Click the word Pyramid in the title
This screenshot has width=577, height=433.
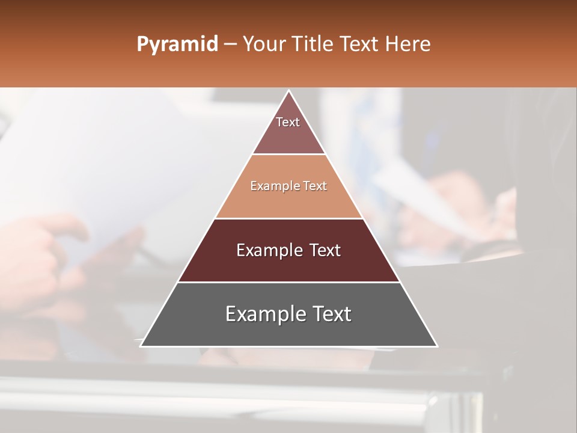177,45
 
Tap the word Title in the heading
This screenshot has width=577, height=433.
312,44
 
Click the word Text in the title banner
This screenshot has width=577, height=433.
361,44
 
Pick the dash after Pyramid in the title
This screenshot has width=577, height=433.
230,45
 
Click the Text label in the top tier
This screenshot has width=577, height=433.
288,122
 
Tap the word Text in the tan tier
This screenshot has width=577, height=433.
315,186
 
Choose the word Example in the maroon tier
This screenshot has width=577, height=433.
267,250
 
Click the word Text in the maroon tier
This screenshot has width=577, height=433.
325,250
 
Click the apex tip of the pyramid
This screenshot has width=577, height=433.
289,91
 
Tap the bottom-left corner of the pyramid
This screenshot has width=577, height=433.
141,346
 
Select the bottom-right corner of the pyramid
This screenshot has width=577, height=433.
436,346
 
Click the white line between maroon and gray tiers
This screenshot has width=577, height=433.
288,282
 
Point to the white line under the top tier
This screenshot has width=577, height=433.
288,154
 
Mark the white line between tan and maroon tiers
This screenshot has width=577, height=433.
288,218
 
